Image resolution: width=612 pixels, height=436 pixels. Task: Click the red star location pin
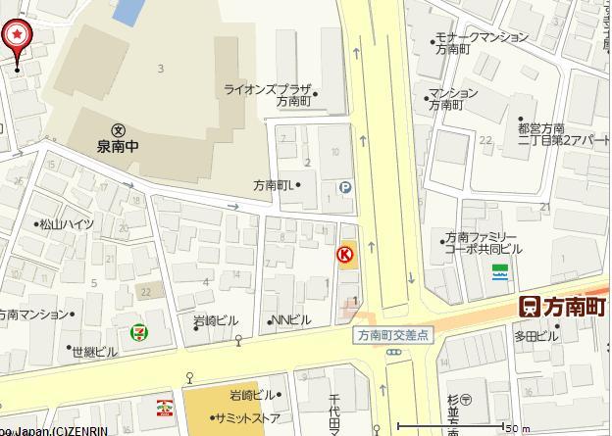point(18,36)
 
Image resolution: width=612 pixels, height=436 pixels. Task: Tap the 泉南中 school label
point(118,147)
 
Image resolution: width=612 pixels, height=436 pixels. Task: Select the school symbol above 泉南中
point(118,129)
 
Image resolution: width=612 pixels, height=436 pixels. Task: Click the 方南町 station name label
point(576,307)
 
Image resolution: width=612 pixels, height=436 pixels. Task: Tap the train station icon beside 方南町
point(530,307)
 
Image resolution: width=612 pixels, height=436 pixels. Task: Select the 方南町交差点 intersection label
point(392,334)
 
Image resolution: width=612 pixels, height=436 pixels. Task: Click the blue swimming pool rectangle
point(127,12)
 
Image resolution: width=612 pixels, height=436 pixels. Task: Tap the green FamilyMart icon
point(501,270)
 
